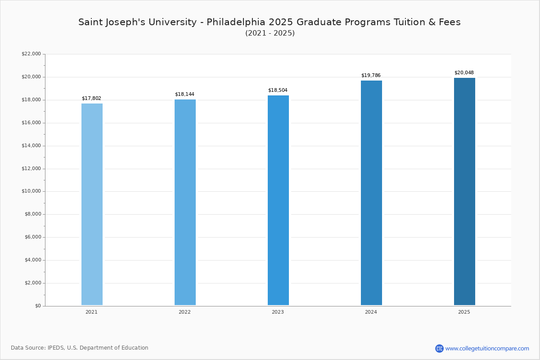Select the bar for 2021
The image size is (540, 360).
(92, 204)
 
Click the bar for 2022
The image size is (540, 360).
(185, 202)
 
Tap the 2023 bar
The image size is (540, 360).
(278, 200)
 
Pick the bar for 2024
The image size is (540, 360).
(371, 193)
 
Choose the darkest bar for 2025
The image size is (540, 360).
(464, 192)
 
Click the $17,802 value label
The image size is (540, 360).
(91, 98)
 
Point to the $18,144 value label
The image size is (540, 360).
(184, 94)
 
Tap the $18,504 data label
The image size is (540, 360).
(278, 90)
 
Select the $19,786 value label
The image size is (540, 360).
(371, 75)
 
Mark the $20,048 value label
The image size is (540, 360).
(464, 72)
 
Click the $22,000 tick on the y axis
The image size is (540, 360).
(31, 54)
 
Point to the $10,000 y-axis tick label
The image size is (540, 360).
(31, 191)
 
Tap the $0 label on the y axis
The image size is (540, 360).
(37, 306)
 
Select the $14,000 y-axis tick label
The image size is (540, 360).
(31, 145)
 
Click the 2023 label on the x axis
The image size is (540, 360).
(278, 312)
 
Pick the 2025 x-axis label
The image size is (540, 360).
(464, 312)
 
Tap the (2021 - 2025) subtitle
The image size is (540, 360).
(270, 33)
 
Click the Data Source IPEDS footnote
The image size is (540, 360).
(80, 348)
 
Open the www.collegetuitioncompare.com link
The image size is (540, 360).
(487, 348)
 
